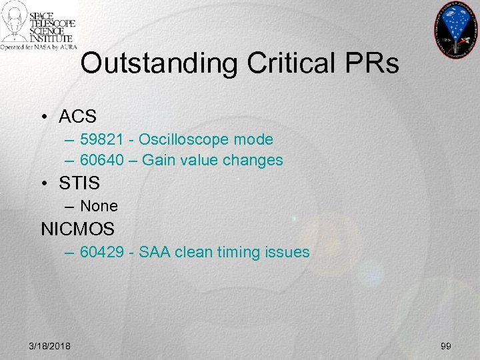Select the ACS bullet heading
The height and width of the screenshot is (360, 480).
77,116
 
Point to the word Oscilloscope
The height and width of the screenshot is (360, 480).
178,139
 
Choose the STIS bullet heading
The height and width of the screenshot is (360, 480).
79,183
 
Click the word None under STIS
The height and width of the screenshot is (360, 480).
99,206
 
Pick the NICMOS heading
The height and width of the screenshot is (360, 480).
78,229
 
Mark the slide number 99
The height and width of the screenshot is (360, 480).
446,344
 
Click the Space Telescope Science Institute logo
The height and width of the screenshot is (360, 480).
39,27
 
